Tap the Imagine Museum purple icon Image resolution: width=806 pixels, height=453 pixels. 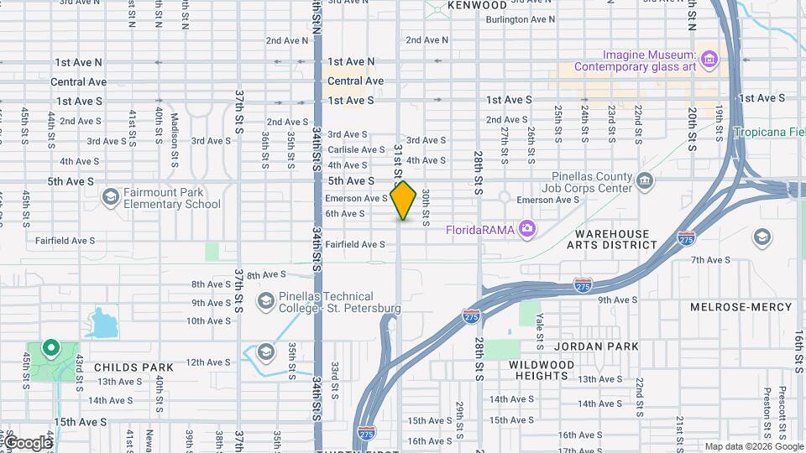(x=709, y=59)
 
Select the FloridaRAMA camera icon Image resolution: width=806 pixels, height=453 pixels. (x=526, y=228)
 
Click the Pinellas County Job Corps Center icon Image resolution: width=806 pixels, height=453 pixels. (x=645, y=180)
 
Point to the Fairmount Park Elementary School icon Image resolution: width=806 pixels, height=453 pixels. (x=110, y=197)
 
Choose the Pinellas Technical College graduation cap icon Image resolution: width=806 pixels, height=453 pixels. (x=266, y=300)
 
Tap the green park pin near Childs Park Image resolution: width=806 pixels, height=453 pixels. (x=50, y=348)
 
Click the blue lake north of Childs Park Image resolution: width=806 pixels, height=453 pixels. (x=101, y=322)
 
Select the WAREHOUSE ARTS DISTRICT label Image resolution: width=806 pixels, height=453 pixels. (x=611, y=239)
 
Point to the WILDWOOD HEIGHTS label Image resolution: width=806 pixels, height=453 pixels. (x=542, y=370)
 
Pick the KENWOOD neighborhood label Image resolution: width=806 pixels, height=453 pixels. (x=477, y=5)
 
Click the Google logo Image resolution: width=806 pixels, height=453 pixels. (x=28, y=442)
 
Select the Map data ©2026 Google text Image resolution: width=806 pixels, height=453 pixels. (x=752, y=446)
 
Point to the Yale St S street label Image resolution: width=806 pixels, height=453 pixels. (x=541, y=328)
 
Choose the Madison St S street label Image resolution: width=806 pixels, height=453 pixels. (x=175, y=128)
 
